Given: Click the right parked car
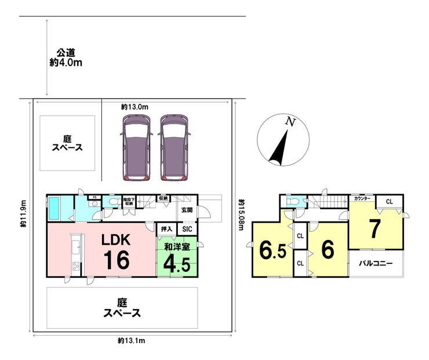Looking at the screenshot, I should click(174, 147).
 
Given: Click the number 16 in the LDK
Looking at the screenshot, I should click(116, 260).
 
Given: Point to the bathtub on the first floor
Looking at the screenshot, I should click(55, 208).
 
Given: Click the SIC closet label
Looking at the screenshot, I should click(187, 229).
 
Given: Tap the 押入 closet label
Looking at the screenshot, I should click(166, 229).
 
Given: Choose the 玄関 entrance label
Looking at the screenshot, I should click(187, 210).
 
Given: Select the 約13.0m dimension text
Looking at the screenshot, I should click(135, 107).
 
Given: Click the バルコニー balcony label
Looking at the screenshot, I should click(375, 263).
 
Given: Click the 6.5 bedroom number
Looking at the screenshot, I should click(270, 250).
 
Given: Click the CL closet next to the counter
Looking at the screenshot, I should click(389, 202).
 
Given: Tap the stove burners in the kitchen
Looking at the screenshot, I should click(75, 266).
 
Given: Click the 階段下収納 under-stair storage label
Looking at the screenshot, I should click(128, 202).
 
